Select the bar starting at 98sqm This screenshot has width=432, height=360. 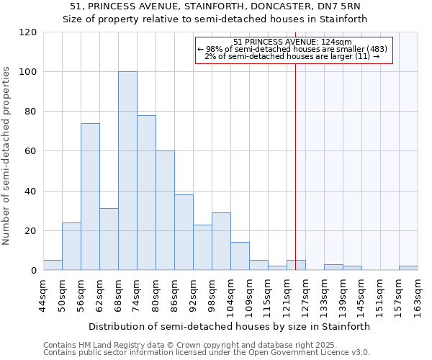[x=221, y=241]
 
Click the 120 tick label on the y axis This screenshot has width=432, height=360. [x=28, y=32]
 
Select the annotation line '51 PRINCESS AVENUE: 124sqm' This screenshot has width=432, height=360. [x=292, y=42]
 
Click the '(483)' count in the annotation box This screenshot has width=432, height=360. [x=379, y=49]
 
